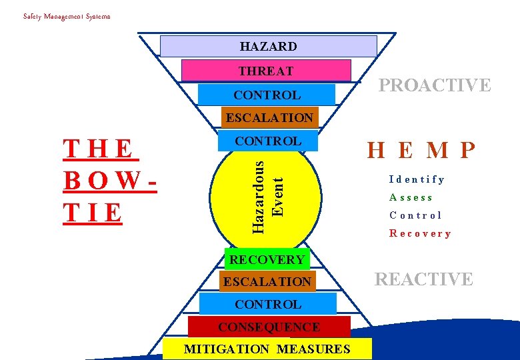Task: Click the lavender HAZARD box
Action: click(268, 46)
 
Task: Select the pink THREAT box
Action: click(266, 71)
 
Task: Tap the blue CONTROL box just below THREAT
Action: click(267, 95)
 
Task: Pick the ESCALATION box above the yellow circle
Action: click(269, 117)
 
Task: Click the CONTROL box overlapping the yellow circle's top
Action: click(268, 141)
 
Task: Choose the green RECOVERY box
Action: click(267, 259)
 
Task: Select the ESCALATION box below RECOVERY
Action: click(267, 281)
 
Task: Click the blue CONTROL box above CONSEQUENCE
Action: click(268, 304)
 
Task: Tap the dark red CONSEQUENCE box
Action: click(269, 327)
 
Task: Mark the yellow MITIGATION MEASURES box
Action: click(267, 349)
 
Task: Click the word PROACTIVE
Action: click(435, 85)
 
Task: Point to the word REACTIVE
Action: click(424, 279)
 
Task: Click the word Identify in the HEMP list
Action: click(417, 179)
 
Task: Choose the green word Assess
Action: click(411, 197)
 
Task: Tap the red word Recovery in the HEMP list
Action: click(420, 233)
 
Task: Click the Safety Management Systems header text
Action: click(67, 16)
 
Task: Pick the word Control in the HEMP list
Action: click(415, 215)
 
